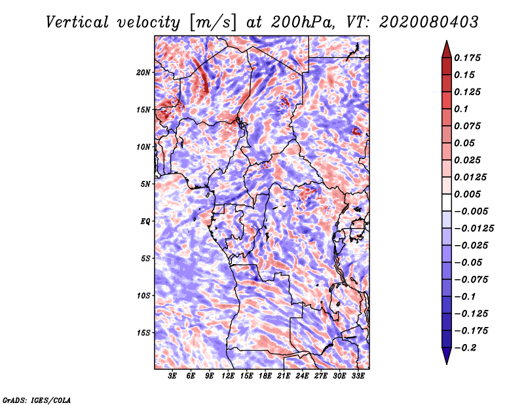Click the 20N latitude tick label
pos(143,72)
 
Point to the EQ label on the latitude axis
pos(145,222)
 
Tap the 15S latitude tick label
pos(143,333)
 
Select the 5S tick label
pos(145,258)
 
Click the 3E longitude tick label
pos(173,377)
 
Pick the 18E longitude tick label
pos(265,377)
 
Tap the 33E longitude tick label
pos(358,377)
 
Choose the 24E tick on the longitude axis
pos(303,377)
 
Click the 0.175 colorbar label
pos(468,58)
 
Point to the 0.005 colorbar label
pos(468,194)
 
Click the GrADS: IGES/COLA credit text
pos(36,399)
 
